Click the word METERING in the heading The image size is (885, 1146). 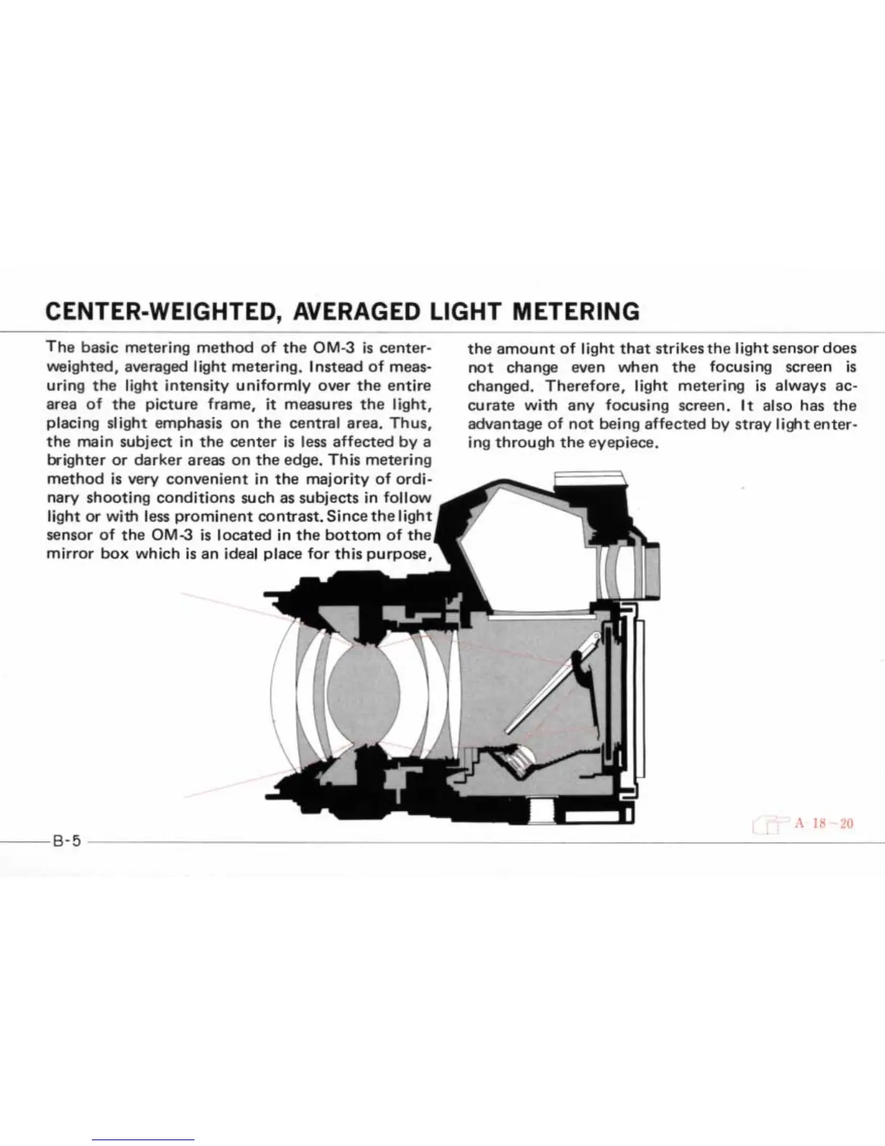(x=576, y=311)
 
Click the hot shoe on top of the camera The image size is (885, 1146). (x=586, y=477)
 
